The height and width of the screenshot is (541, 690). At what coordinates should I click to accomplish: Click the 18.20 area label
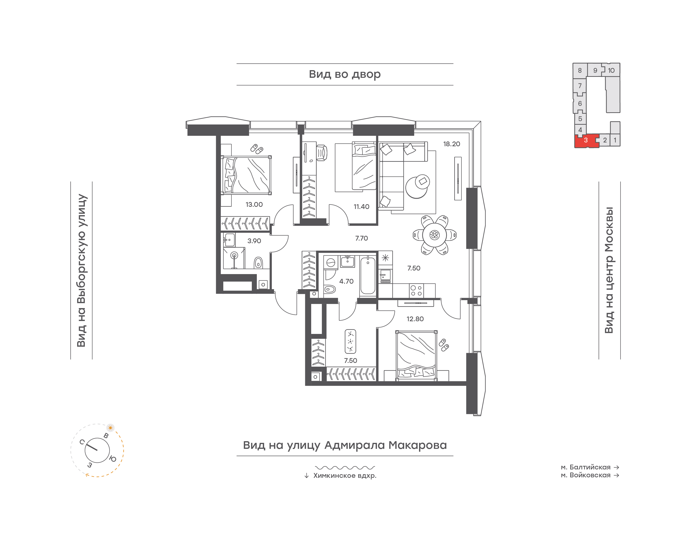pyautogui.click(x=451, y=144)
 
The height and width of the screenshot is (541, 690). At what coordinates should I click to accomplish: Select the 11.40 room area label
pyautogui.click(x=361, y=207)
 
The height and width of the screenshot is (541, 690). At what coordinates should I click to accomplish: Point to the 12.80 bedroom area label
pyautogui.click(x=415, y=319)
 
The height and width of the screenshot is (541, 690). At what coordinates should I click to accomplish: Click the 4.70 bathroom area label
pyautogui.click(x=346, y=281)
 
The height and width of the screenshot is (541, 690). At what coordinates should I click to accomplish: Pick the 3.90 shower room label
pyautogui.click(x=254, y=241)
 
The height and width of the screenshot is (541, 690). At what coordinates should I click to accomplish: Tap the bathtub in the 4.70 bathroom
pyautogui.click(x=368, y=276)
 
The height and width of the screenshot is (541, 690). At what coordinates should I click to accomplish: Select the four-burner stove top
pyautogui.click(x=416, y=290)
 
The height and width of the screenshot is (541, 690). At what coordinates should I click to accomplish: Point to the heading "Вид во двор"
pyautogui.click(x=345, y=74)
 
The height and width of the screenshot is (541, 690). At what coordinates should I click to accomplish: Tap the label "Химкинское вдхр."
pyautogui.click(x=345, y=476)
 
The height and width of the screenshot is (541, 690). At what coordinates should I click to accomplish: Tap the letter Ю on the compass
pyautogui.click(x=113, y=459)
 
